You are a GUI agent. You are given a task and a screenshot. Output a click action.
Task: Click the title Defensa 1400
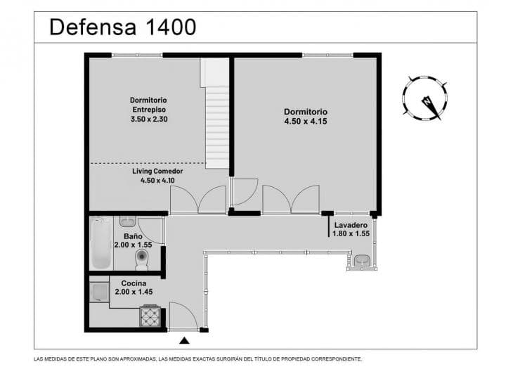[x=122, y=27]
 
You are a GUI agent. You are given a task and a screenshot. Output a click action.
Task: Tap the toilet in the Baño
[x=142, y=260]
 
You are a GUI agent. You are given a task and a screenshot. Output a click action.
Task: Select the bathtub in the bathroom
[x=101, y=243]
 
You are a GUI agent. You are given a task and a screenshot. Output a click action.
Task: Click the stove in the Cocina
[x=150, y=316]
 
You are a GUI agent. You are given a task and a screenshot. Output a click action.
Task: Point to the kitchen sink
[x=99, y=292]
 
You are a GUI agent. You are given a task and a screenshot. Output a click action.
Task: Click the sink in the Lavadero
[x=363, y=260]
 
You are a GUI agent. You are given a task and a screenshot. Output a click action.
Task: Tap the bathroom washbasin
[x=129, y=221]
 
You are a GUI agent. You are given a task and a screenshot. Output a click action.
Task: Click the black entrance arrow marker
[x=184, y=340]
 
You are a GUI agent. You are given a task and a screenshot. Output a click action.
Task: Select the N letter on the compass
[x=427, y=102]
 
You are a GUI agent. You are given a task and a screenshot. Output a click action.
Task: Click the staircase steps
[x=217, y=127]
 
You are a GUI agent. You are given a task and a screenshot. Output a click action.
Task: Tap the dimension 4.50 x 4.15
[x=306, y=122]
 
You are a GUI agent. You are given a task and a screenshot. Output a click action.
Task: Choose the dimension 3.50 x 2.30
[x=149, y=119]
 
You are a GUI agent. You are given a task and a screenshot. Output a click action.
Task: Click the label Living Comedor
[x=157, y=171]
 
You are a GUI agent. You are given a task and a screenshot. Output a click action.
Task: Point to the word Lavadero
[x=351, y=225]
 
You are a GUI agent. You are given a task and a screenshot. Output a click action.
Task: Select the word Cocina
[x=134, y=283]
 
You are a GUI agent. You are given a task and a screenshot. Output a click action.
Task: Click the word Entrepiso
[x=149, y=110]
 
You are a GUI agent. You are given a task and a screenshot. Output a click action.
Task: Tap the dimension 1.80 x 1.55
[x=351, y=233]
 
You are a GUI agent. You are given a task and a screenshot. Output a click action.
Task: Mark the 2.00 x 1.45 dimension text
[x=134, y=292]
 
